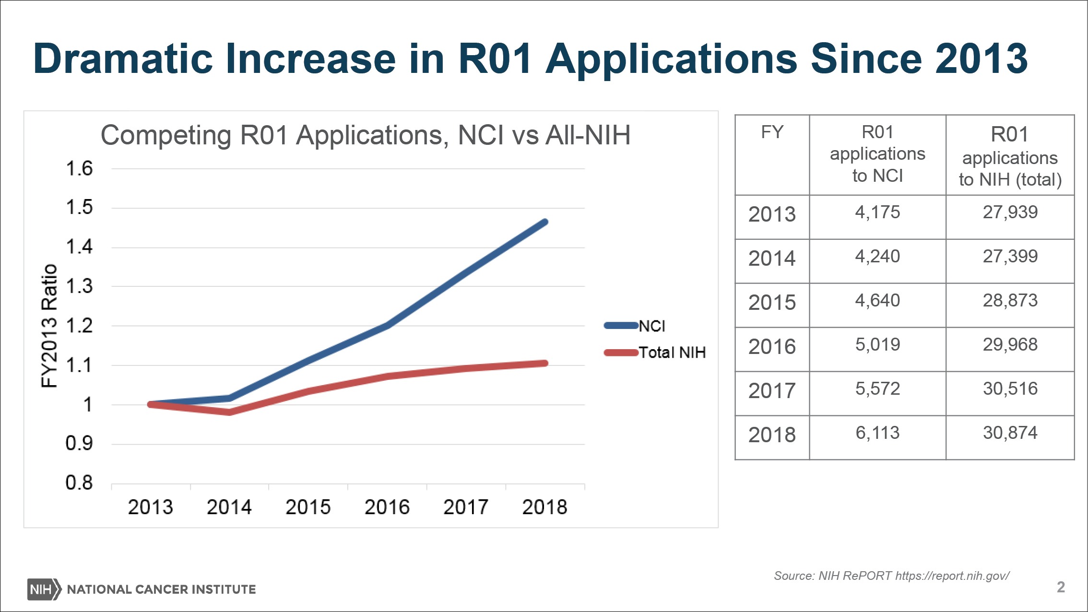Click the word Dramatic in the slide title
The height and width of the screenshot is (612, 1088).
click(123, 59)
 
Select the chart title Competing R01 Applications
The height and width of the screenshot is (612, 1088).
click(365, 135)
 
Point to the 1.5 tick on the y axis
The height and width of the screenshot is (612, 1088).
click(79, 208)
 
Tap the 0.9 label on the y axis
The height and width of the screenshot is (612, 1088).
click(79, 444)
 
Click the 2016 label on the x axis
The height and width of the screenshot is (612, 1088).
click(387, 507)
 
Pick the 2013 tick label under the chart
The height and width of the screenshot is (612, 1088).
click(150, 507)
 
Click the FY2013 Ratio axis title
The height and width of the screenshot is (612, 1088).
click(49, 326)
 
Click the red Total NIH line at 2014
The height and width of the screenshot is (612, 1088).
click(229, 412)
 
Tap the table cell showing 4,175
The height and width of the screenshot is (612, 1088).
click(877, 212)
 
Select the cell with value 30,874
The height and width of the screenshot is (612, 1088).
click(1010, 433)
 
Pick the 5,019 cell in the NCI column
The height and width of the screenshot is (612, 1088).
click(877, 345)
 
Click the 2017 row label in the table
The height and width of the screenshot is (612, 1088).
click(772, 391)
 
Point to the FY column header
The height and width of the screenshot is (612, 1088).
click(772, 132)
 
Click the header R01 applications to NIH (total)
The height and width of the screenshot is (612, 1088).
click(1010, 156)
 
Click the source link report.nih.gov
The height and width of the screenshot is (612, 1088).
click(952, 576)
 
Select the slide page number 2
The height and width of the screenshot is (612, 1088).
click(1061, 587)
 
